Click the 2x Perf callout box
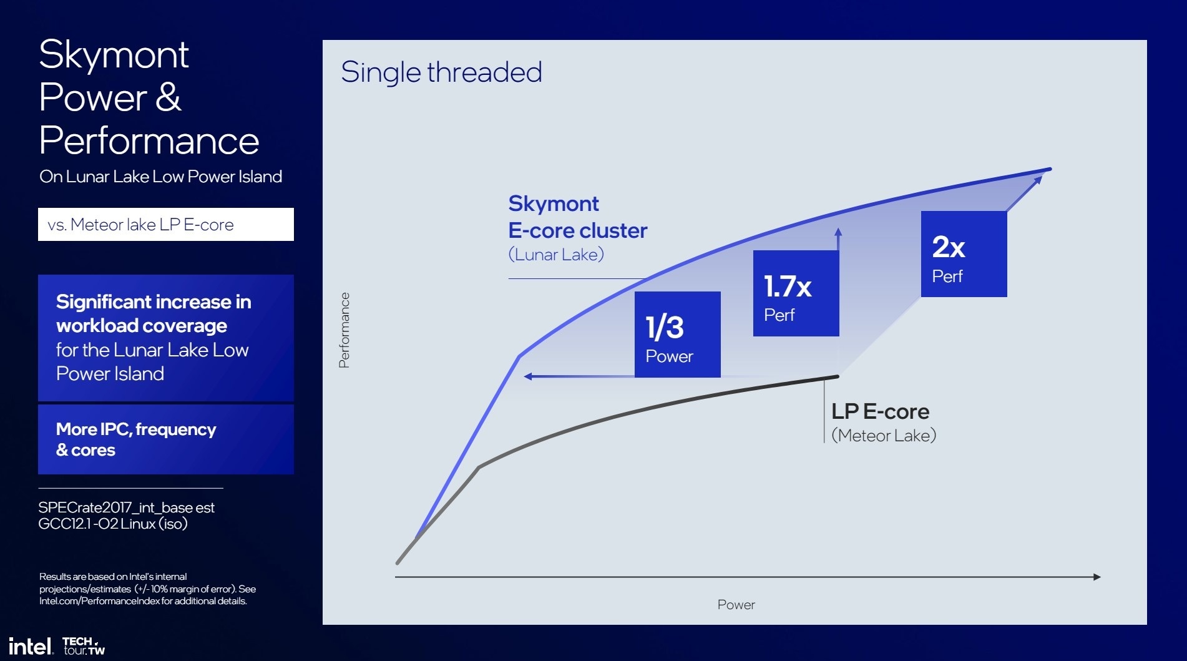pyautogui.click(x=964, y=254)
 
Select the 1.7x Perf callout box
pyautogui.click(x=796, y=293)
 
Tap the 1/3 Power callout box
pyautogui.click(x=677, y=335)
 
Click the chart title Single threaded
pyautogui.click(x=441, y=72)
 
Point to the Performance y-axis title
pyautogui.click(x=344, y=330)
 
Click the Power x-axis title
pyautogui.click(x=736, y=604)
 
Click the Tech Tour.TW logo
pyautogui.click(x=84, y=646)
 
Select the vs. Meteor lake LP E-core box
pyautogui.click(x=166, y=224)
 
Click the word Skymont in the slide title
pyautogui.click(x=114, y=55)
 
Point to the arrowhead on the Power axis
pyautogui.click(x=1097, y=577)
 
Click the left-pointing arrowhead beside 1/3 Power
pyautogui.click(x=528, y=376)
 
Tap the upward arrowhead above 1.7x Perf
pyautogui.click(x=838, y=232)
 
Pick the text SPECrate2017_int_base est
pyautogui.click(x=126, y=507)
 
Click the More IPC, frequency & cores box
pyautogui.click(x=166, y=439)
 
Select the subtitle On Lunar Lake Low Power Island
pyautogui.click(x=160, y=177)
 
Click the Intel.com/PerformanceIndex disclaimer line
pyautogui.click(x=143, y=601)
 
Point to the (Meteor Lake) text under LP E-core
pyautogui.click(x=884, y=435)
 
